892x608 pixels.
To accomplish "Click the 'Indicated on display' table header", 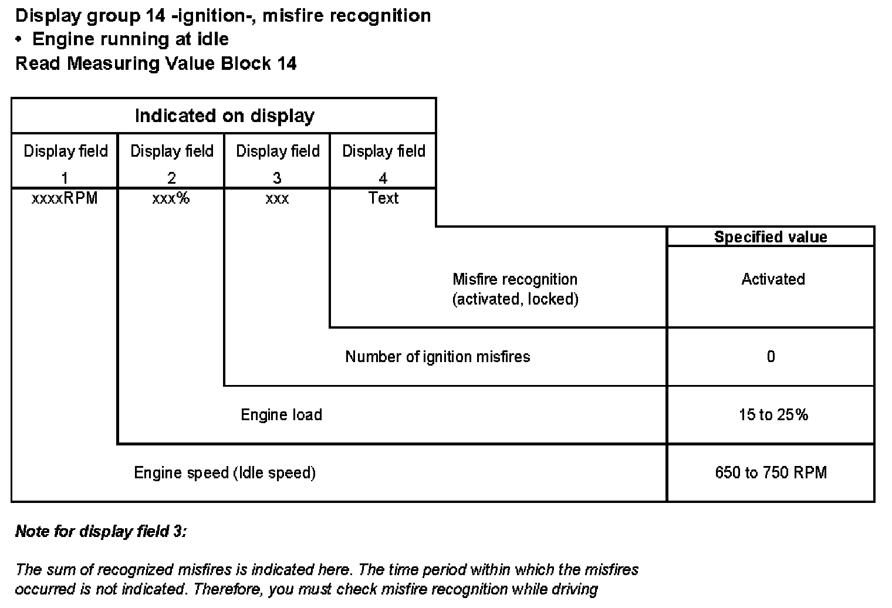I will pos(224,116).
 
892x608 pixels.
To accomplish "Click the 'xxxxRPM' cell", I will pos(65,198).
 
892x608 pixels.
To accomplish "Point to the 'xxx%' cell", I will pos(171,198).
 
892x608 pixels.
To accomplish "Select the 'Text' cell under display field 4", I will pos(383,198).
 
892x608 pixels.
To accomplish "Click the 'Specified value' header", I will pos(771,237).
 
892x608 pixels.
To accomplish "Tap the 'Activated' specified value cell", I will pos(773,279).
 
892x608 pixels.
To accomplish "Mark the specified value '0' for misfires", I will pos(771,356).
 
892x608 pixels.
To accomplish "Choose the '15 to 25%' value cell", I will pos(773,415).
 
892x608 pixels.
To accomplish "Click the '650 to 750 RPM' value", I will pos(771,472).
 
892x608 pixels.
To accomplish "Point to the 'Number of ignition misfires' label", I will pos(437,356).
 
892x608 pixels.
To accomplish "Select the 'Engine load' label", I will pos(281,415).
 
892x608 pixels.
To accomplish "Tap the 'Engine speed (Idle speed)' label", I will pos(224,472).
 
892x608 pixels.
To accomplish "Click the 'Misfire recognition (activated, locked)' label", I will pos(515,289).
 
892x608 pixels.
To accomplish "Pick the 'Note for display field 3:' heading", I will pos(101,531).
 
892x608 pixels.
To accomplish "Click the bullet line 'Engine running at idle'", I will pos(130,39).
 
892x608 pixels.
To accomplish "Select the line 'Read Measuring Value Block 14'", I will pos(156,63).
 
